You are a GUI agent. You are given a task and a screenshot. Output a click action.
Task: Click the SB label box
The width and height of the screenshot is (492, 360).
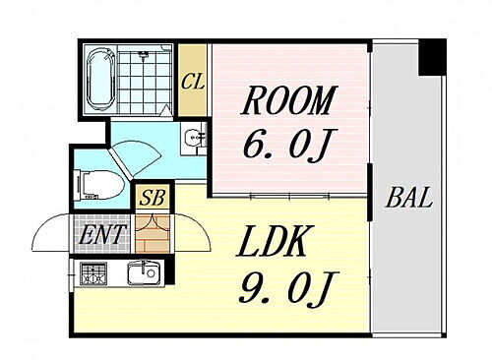[153, 197]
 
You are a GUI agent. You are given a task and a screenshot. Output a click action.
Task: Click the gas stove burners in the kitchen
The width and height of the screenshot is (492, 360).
[93, 272]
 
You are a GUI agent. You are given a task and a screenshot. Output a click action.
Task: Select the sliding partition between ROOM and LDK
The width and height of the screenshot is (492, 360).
[289, 192]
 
